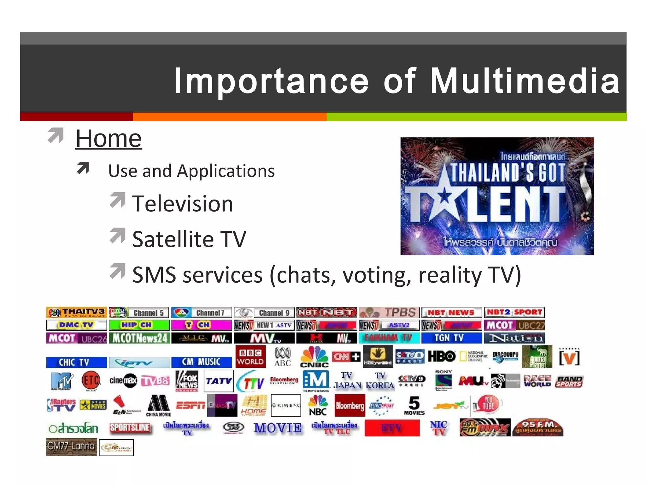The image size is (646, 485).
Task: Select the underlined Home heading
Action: coord(109,139)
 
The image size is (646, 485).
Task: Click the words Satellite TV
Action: coord(189,239)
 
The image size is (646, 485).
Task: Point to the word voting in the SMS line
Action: coord(377,275)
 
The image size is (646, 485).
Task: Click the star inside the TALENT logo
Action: coord(444,196)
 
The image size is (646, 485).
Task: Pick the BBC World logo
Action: coord(250,357)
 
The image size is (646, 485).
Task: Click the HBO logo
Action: coord(441,357)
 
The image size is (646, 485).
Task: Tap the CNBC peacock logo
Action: coord(314,357)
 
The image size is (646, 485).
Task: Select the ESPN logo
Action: coord(190,405)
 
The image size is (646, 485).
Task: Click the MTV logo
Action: coord(62,381)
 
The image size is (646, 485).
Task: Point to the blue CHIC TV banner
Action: coord(76,362)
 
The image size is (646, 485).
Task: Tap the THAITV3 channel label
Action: coord(76,313)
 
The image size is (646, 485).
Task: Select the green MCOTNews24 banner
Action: coord(139,338)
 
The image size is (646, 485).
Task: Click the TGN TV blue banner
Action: coord(451,338)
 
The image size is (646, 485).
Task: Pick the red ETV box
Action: coord(392,428)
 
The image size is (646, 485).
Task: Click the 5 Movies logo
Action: coord(414,406)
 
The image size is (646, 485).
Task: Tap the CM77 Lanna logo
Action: coord(72,447)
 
